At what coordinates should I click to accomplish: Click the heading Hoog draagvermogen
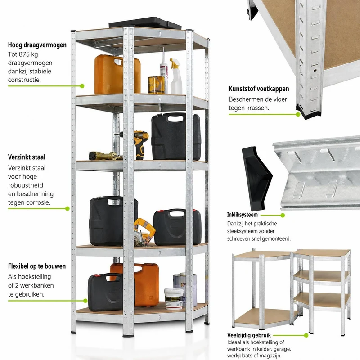click(x=37, y=45)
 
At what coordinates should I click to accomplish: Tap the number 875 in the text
click(x=24, y=54)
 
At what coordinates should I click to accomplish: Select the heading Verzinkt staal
click(x=27, y=157)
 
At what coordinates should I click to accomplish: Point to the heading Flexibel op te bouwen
click(x=37, y=266)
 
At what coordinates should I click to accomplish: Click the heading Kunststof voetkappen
click(x=259, y=89)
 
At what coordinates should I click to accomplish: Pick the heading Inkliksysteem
click(x=243, y=215)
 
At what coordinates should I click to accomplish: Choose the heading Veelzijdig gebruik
click(x=249, y=335)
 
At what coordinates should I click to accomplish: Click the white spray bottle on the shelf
click(x=176, y=76)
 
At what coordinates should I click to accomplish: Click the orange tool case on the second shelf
click(x=117, y=74)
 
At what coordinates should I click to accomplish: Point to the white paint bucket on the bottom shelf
click(x=174, y=298)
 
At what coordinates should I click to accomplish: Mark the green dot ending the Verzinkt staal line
click(x=67, y=208)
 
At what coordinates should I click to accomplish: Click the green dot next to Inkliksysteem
click(x=283, y=215)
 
